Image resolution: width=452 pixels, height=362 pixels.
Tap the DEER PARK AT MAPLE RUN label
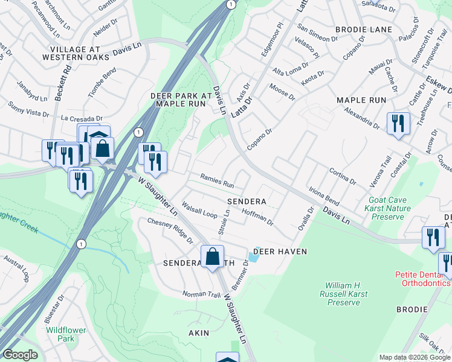tap(182, 100)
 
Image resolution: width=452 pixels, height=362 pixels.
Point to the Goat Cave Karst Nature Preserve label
tap(395, 208)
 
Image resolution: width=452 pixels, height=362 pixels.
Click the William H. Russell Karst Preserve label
tap(343, 293)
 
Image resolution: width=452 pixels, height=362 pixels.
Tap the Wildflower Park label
tap(65, 334)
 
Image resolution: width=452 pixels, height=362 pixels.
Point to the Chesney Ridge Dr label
tap(170, 230)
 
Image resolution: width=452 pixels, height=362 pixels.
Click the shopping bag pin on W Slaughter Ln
tap(213, 258)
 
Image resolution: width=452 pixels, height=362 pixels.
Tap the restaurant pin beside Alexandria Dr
tap(398, 124)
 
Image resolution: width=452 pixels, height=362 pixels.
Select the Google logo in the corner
tap(21, 355)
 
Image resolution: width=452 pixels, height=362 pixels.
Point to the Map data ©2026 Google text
tap(415, 357)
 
